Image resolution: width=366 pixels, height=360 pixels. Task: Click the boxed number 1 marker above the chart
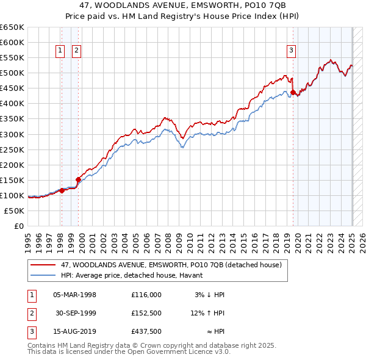(61, 51)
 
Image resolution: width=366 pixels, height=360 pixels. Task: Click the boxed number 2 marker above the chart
(77, 51)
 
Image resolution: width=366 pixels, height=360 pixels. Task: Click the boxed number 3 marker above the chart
(292, 51)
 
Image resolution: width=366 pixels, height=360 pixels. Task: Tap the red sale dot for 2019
(293, 92)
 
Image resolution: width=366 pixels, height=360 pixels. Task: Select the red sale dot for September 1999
(78, 179)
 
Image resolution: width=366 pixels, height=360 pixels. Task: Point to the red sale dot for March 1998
(62, 190)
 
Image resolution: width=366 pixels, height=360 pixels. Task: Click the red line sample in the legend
(43, 265)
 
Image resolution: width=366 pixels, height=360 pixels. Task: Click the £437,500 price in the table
(146, 333)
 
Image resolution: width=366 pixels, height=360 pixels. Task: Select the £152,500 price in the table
(146, 314)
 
